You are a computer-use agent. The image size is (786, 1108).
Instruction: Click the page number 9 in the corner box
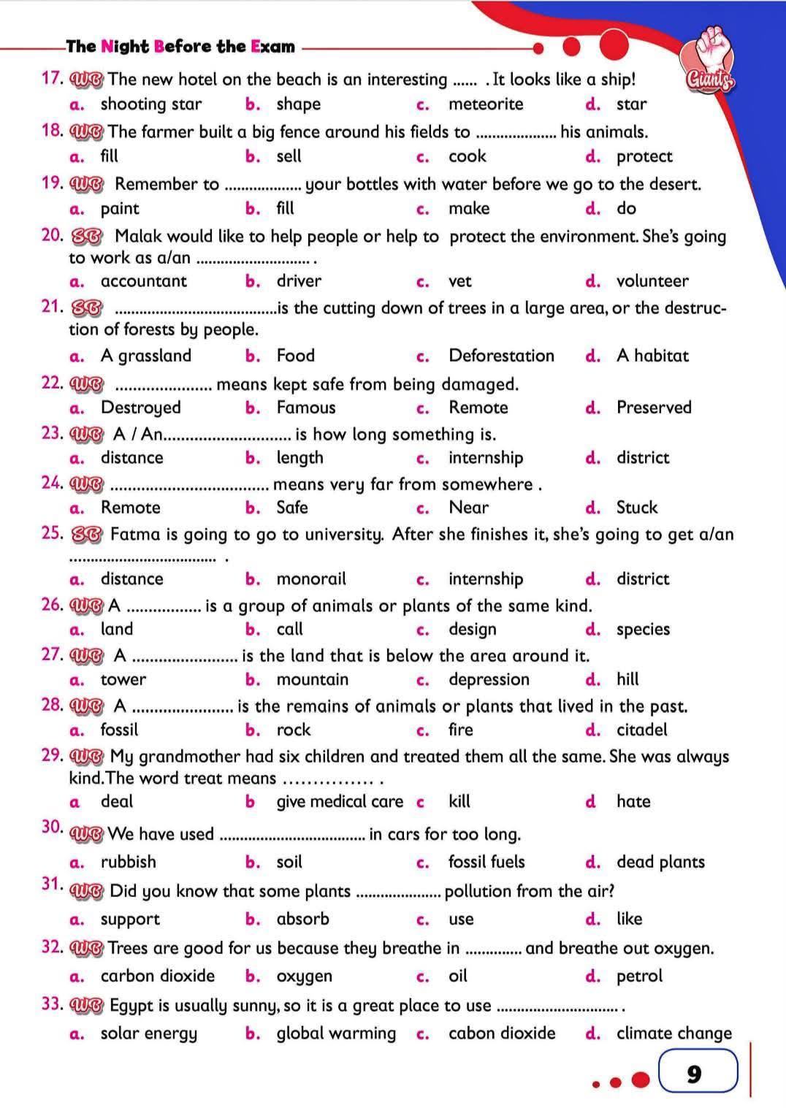tap(694, 1074)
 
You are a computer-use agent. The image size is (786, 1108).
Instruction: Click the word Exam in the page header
tap(272, 47)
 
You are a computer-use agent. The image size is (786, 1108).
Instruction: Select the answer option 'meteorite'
tap(486, 104)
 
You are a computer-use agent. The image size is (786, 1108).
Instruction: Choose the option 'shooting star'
tap(151, 104)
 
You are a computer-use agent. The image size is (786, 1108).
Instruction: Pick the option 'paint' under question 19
tap(120, 209)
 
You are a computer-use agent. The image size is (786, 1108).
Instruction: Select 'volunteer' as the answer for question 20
tap(652, 281)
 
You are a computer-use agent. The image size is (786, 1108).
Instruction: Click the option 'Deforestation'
tap(501, 356)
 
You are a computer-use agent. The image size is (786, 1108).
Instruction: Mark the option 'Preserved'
tap(654, 408)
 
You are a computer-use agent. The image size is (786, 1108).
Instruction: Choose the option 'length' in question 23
tap(299, 458)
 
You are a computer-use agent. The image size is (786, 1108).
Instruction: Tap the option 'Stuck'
tap(637, 508)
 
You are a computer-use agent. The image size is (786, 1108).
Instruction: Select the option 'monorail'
tap(311, 579)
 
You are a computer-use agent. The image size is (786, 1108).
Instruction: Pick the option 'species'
tap(643, 630)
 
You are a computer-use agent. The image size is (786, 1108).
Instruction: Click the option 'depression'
tap(489, 680)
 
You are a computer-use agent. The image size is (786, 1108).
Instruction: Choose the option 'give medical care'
tap(340, 802)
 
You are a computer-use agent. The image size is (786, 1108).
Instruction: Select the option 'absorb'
tap(302, 919)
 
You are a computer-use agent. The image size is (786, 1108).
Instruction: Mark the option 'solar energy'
tap(149, 1034)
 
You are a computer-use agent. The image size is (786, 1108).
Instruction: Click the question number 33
tap(52, 1004)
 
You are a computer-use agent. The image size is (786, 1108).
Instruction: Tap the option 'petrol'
tap(639, 977)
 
